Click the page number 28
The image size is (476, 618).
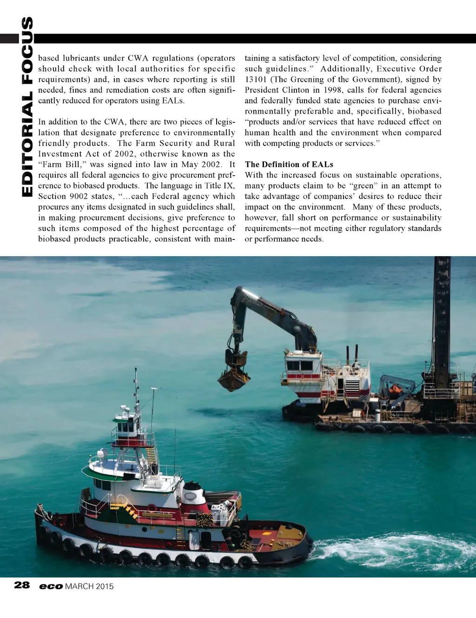[22, 585]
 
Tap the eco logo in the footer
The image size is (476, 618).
[51, 586]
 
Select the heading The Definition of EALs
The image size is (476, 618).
[289, 164]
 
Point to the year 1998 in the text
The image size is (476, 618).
[330, 90]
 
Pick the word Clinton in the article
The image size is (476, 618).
[292, 90]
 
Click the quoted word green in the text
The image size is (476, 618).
[363, 186]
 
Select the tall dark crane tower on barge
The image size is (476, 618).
[442, 316]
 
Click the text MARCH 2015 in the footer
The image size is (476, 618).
[89, 586]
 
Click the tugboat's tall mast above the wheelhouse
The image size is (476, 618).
[136, 388]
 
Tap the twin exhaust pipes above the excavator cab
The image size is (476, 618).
[352, 356]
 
